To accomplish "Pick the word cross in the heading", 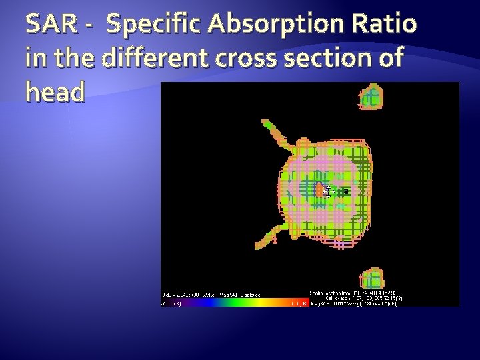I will point(241,59).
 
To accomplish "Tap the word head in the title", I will point(55,93).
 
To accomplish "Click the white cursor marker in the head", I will point(328,192).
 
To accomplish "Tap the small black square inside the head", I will point(345,192).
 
